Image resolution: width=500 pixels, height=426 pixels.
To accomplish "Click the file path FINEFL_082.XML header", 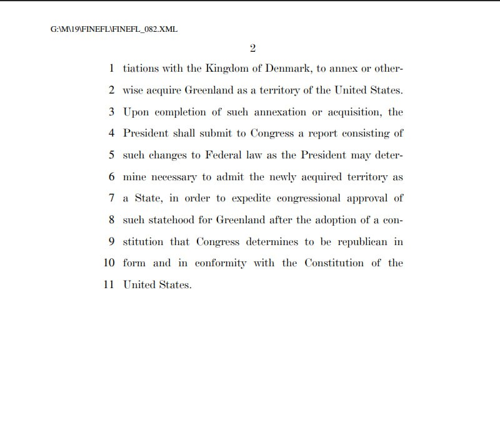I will tap(114, 29).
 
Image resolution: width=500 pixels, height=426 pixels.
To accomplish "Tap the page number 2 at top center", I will tap(253, 48).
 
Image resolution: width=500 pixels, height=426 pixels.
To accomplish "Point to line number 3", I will tap(111, 112).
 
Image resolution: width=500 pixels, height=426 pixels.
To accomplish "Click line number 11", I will tap(109, 285).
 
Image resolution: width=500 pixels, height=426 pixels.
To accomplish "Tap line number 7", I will tap(111, 198).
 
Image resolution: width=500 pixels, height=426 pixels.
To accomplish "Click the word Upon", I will tap(136, 113).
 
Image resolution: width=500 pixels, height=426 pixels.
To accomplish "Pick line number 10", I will tap(109, 263).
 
